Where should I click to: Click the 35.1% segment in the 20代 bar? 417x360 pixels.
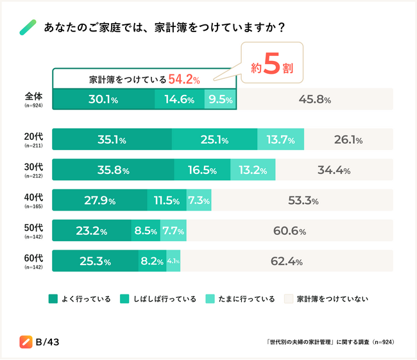[x=112, y=140]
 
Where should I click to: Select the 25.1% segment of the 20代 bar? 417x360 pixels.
[x=214, y=140]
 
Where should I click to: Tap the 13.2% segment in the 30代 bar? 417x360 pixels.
[x=253, y=170]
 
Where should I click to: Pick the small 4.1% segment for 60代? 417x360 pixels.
[x=173, y=261]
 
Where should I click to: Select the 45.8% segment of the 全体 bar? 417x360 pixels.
[x=314, y=99]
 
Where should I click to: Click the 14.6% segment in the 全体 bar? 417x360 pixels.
[x=180, y=99]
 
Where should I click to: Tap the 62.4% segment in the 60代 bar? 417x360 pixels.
[x=287, y=261]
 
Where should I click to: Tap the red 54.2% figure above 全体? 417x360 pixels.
[x=184, y=80]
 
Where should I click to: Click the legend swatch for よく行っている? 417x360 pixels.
[x=53, y=298]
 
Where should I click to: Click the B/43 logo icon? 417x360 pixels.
[x=26, y=341]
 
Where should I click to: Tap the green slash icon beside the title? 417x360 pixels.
[x=28, y=28]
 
